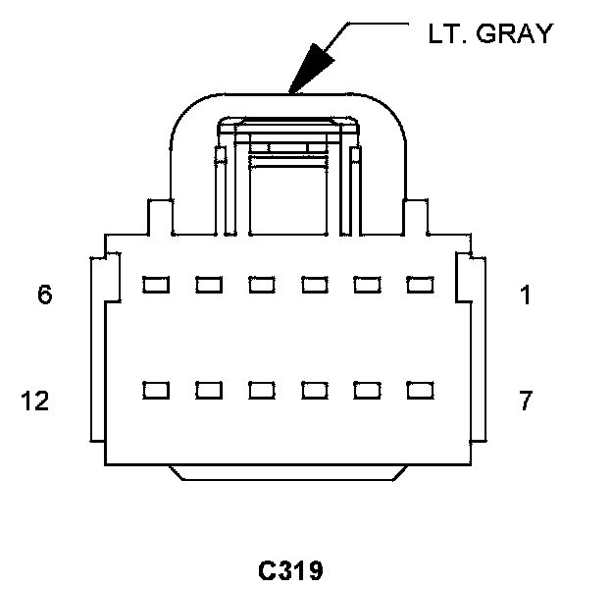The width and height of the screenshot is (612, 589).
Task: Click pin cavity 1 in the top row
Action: (420, 285)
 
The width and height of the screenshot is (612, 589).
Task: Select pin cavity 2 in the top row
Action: (367, 285)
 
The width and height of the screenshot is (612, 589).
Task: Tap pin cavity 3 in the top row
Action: (314, 285)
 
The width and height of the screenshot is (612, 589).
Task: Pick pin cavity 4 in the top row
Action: (261, 285)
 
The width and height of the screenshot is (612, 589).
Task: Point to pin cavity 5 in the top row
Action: (208, 285)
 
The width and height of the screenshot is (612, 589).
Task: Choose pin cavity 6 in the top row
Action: (155, 285)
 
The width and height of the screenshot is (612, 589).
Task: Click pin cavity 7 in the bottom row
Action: (420, 390)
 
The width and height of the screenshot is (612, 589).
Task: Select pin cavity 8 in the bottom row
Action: (367, 390)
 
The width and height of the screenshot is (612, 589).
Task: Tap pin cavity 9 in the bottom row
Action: (314, 390)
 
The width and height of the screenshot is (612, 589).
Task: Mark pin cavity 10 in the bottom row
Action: (261, 390)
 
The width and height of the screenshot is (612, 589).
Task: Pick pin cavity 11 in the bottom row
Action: (208, 390)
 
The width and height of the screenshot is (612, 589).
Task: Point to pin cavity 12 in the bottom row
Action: (155, 390)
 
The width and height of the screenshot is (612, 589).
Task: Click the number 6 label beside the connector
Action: (45, 294)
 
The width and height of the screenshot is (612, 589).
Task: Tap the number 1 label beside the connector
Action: (526, 294)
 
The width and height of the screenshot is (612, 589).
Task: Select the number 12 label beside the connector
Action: (35, 401)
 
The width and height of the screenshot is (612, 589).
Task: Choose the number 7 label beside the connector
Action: (526, 401)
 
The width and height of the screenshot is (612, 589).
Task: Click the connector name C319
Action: (291, 570)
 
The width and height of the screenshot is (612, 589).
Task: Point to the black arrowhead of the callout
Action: (312, 66)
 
